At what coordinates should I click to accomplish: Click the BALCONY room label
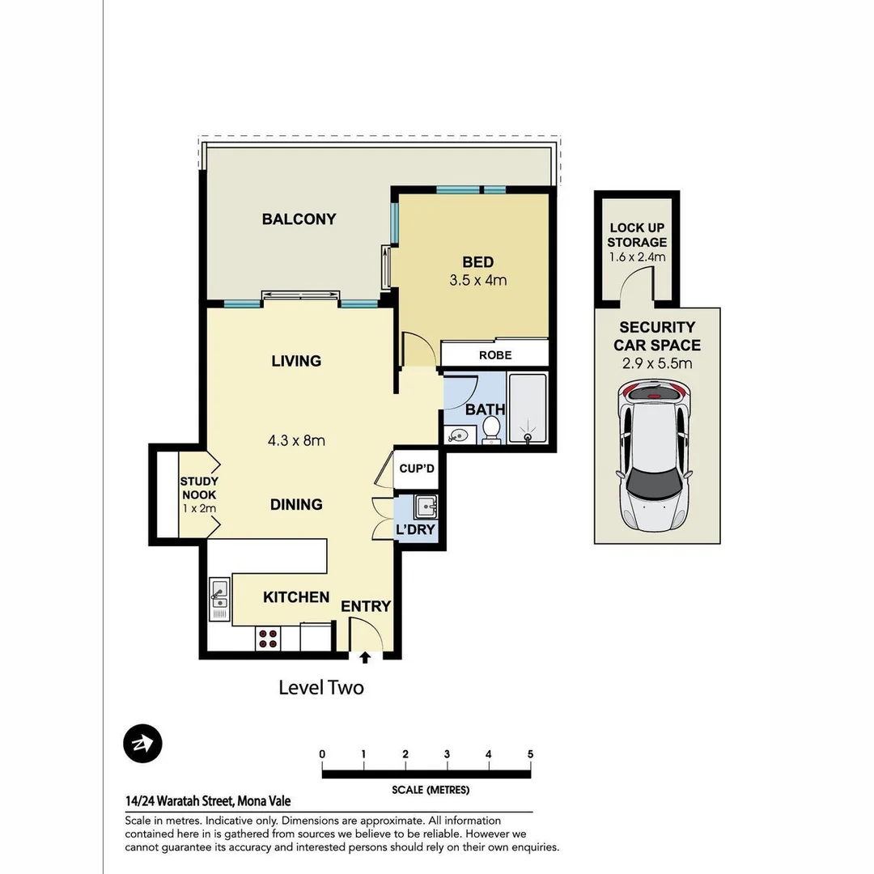click(x=299, y=219)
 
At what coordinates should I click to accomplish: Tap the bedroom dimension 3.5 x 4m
click(x=477, y=281)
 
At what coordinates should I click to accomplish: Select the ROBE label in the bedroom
click(x=495, y=354)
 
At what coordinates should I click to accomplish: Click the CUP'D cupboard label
click(x=417, y=469)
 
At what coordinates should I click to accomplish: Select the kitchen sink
click(x=218, y=600)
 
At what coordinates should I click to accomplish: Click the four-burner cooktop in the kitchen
click(x=268, y=639)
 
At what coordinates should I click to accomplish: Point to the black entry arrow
click(x=365, y=657)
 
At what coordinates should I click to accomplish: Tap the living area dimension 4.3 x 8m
click(x=296, y=441)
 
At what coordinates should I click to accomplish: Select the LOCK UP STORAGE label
click(x=638, y=235)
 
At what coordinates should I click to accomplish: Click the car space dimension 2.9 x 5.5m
click(x=657, y=363)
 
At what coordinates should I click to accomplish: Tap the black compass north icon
click(x=142, y=743)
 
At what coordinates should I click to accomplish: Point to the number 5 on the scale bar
click(x=530, y=754)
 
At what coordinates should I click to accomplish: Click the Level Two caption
click(x=321, y=688)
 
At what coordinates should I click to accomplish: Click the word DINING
click(x=296, y=504)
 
